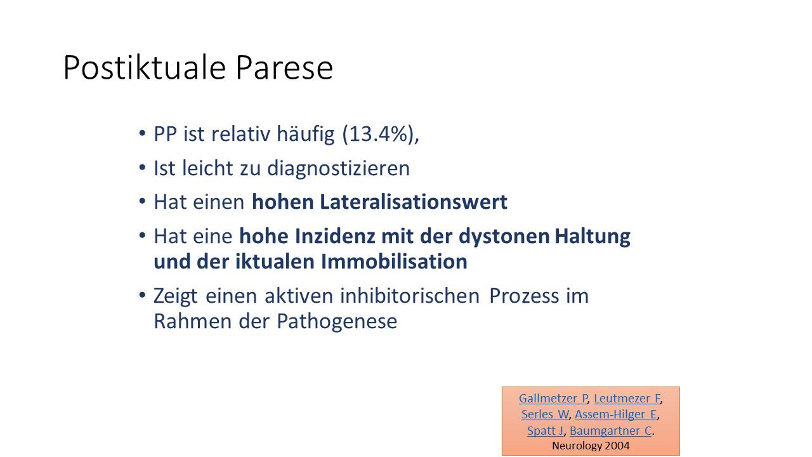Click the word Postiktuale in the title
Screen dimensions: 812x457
click(145, 67)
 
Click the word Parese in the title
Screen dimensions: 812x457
click(285, 67)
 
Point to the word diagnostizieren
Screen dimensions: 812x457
click(339, 169)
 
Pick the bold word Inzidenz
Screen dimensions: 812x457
click(335, 236)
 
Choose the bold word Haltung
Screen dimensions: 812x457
click(593, 237)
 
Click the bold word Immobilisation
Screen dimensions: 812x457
click(394, 261)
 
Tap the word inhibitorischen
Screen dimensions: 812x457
click(410, 296)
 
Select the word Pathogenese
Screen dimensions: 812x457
click(337, 322)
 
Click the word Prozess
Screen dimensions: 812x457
click(524, 296)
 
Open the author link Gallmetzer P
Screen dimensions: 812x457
click(553, 398)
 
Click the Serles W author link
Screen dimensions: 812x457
click(545, 414)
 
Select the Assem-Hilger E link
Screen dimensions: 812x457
click(616, 414)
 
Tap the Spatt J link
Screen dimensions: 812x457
click(545, 431)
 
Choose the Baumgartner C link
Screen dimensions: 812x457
click(611, 431)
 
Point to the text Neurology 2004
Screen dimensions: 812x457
click(591, 446)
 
